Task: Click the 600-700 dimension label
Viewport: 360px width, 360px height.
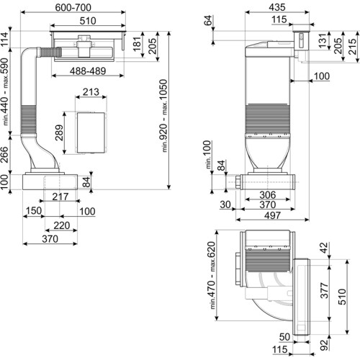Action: tap(73, 7)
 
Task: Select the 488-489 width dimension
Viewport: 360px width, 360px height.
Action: tap(88, 71)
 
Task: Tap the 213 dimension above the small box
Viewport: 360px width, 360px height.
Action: tap(91, 92)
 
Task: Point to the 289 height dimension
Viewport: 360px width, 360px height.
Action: tap(59, 132)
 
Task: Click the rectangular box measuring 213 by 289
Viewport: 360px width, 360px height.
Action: tap(91, 132)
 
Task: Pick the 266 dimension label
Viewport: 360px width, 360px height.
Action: tap(4, 155)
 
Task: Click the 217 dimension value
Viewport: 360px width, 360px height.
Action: tap(60, 197)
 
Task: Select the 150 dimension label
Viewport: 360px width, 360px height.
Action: tap(34, 211)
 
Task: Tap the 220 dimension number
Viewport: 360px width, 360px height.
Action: tap(62, 225)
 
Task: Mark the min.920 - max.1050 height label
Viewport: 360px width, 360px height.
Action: tap(163, 116)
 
